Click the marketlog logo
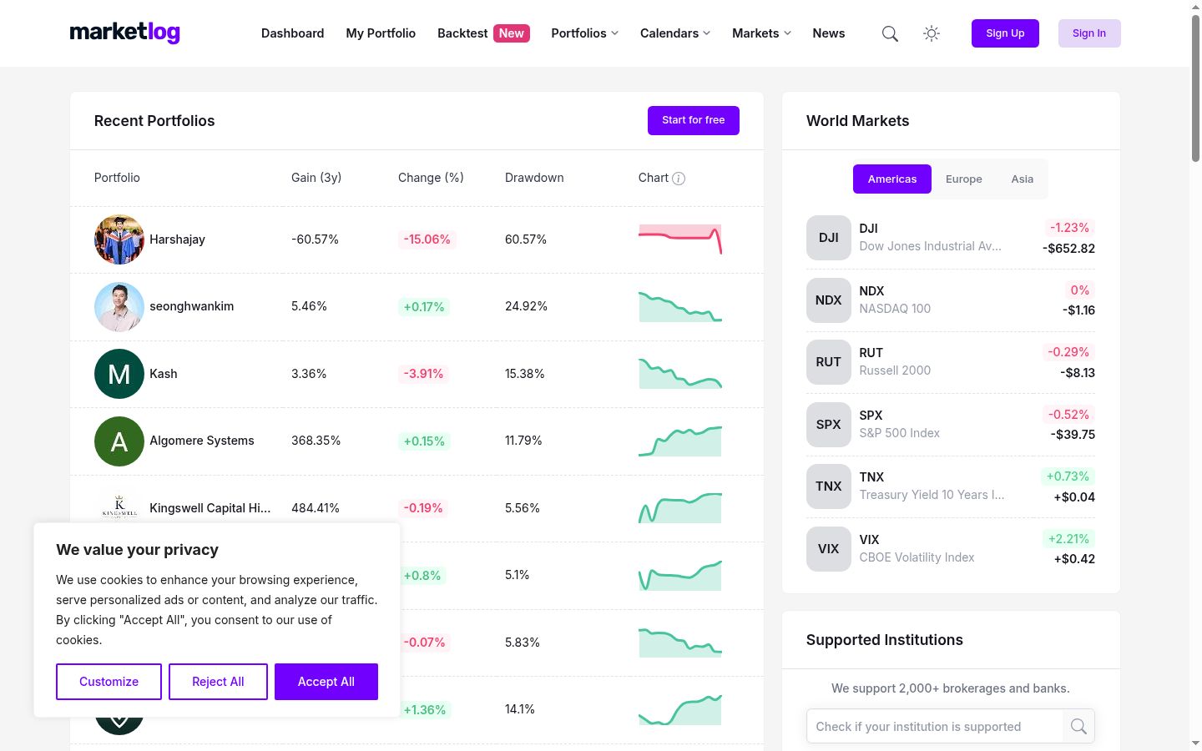click(124, 33)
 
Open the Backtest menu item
click(462, 33)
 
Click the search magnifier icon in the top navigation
click(890, 33)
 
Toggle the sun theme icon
click(932, 33)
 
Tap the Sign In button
click(1089, 33)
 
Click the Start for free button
click(694, 120)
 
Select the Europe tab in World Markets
click(964, 179)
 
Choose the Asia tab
click(1023, 179)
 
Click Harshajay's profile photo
click(119, 239)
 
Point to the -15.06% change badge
click(427, 239)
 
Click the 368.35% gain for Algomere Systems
click(316, 441)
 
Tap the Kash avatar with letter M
click(119, 374)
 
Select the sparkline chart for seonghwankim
click(679, 306)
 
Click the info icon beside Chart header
click(679, 179)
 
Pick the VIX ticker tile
click(829, 549)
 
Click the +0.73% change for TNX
click(1068, 476)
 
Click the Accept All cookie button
click(326, 682)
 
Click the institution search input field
click(935, 726)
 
